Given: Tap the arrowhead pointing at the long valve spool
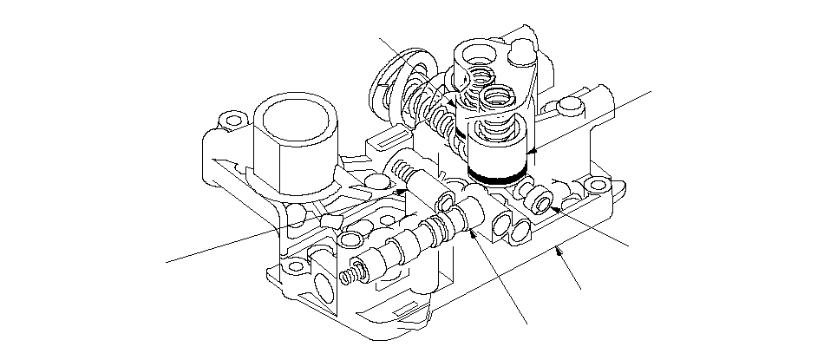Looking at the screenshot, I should pyautogui.click(x=474, y=232).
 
